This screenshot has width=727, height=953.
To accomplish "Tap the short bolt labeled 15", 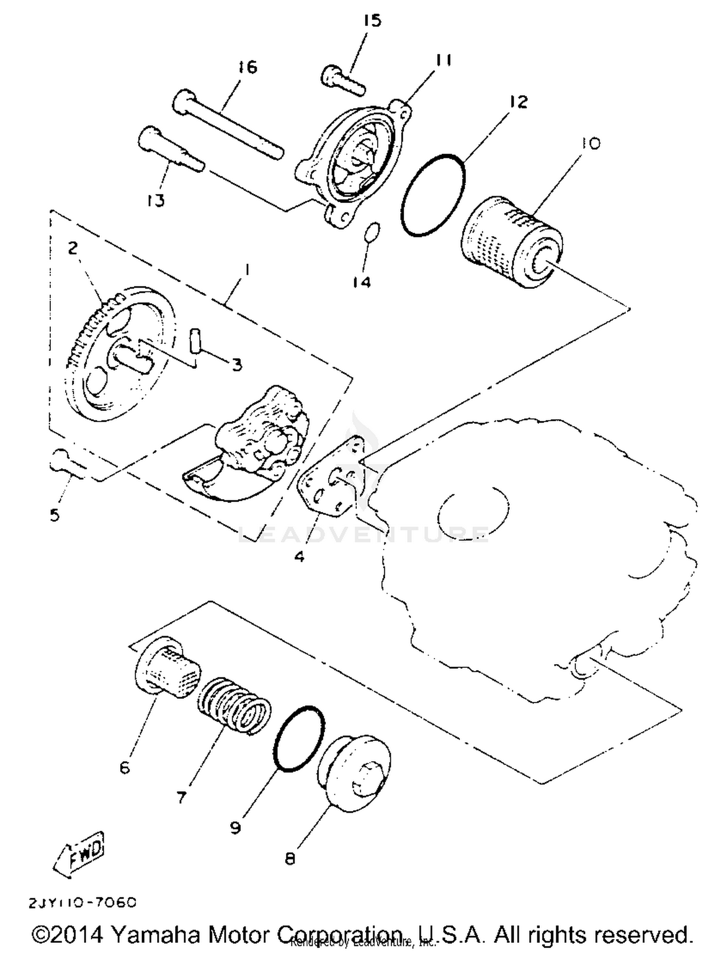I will pyautogui.click(x=342, y=80).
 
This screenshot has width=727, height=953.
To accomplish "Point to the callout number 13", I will pyautogui.click(x=156, y=200).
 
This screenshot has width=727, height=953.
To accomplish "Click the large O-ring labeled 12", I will pyautogui.click(x=433, y=195).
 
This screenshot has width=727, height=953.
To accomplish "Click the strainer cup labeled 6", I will pyautogui.click(x=167, y=666).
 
